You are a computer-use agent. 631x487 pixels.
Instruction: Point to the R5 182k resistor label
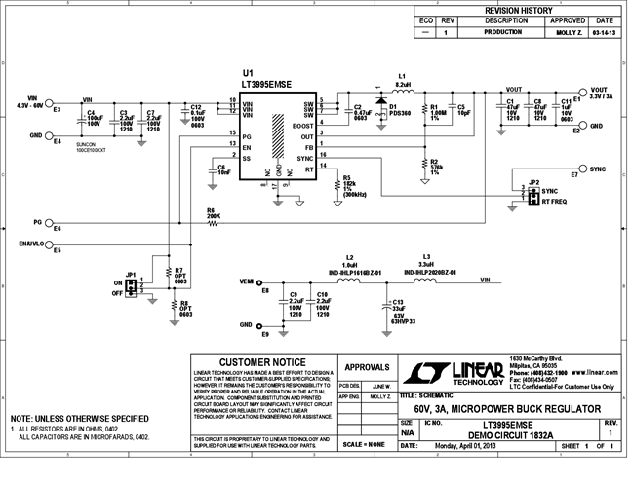pos(349,184)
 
